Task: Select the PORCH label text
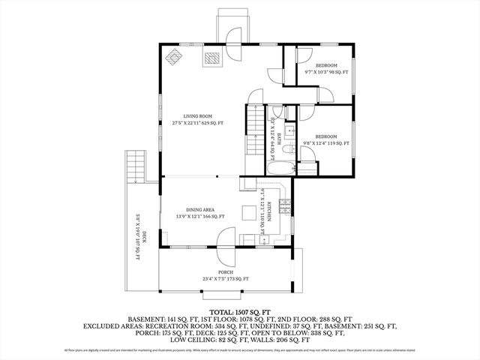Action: [226, 272]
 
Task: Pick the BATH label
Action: [278, 138]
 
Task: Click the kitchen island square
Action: [248, 213]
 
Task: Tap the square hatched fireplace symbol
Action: [214, 58]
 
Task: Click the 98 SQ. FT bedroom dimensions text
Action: [327, 72]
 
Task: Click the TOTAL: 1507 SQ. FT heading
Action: [239, 310]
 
